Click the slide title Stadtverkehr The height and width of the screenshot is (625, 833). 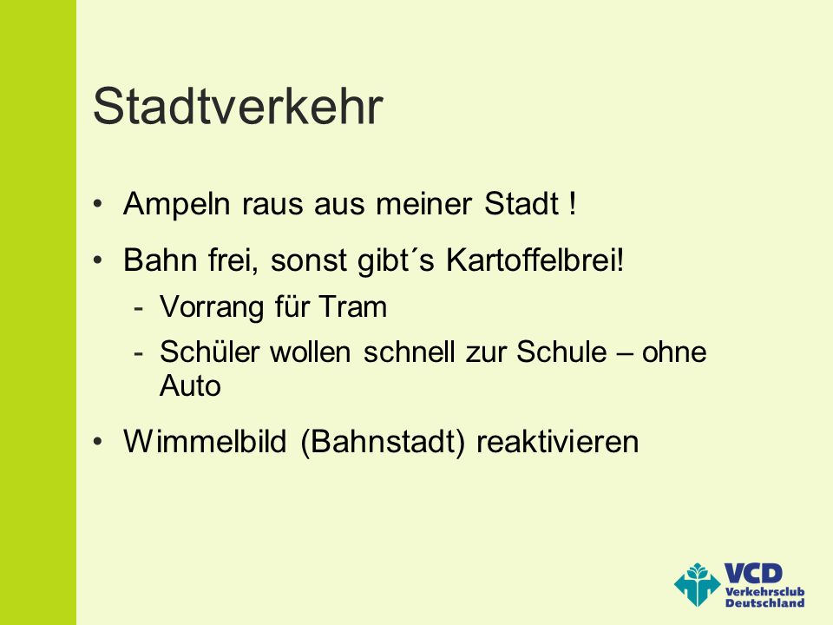click(x=238, y=106)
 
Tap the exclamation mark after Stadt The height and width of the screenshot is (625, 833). click(x=572, y=203)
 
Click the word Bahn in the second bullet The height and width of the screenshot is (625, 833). click(x=160, y=260)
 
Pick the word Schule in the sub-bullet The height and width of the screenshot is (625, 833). click(x=561, y=352)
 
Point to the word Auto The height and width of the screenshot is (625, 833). click(x=190, y=385)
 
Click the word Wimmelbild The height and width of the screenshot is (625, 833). click(x=205, y=441)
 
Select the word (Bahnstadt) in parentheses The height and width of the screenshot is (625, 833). click(x=383, y=442)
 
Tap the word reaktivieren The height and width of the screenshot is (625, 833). click(x=557, y=442)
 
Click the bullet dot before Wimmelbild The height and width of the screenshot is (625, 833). click(x=97, y=442)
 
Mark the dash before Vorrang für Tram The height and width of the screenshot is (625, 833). click(x=139, y=309)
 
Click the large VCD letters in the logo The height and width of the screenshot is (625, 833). click(x=753, y=574)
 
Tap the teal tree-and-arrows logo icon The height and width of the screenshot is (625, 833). click(x=698, y=584)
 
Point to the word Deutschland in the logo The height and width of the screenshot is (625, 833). click(x=765, y=602)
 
